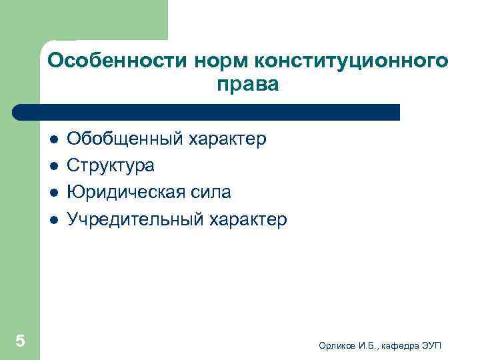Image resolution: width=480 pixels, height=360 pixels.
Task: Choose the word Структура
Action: (x=111, y=166)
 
